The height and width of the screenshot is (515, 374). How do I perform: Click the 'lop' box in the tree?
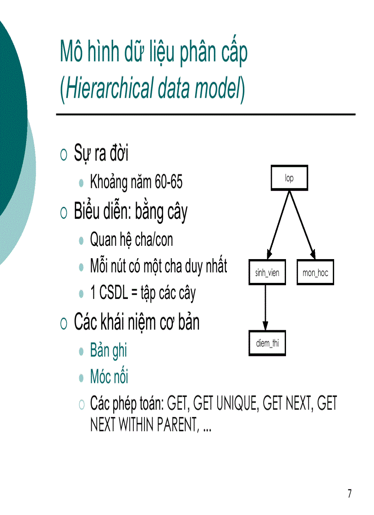(x=289, y=178)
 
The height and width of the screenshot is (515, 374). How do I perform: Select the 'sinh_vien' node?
(x=267, y=273)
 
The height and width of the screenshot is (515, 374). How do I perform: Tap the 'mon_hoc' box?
(x=315, y=273)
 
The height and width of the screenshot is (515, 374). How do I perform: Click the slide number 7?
(x=350, y=494)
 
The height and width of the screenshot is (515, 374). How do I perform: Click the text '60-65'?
(x=168, y=183)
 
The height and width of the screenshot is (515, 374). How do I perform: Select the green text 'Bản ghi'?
(x=109, y=351)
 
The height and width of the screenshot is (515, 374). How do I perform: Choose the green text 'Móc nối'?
(x=109, y=377)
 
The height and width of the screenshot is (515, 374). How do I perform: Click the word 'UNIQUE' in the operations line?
(x=226, y=404)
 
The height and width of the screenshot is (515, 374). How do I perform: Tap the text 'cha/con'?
(x=154, y=239)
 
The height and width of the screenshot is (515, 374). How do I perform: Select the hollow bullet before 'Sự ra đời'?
(x=64, y=155)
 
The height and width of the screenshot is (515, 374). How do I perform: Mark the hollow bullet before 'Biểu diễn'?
(x=64, y=212)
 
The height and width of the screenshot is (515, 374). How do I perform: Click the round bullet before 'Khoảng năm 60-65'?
(x=82, y=183)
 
